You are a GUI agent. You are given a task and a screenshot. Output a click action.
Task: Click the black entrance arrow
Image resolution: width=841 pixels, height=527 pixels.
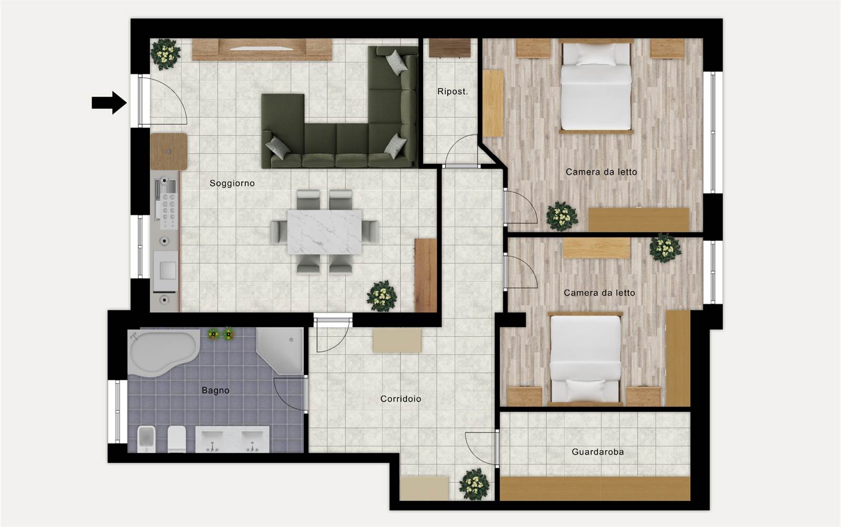tap(109, 103)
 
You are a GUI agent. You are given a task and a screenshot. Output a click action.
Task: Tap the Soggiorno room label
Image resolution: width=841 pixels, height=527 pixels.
tap(232, 184)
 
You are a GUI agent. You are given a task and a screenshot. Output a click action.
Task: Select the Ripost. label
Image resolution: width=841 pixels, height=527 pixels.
tap(453, 92)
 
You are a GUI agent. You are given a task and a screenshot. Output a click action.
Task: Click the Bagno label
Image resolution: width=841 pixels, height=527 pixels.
tap(216, 391)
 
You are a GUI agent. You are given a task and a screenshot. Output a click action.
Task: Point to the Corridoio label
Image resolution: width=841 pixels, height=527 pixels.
tap(401, 399)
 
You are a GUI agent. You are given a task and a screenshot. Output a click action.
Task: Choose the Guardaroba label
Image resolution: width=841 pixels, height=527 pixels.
tap(598, 452)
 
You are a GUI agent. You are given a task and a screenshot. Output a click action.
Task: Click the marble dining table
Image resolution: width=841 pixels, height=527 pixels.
tap(324, 232)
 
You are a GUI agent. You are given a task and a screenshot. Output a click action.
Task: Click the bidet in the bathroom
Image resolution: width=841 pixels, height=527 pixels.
tap(147, 439)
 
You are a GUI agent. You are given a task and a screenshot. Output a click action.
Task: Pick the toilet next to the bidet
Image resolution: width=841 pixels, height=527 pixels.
tap(177, 439)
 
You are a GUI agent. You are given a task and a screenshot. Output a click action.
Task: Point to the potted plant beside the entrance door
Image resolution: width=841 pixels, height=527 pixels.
tap(165, 54)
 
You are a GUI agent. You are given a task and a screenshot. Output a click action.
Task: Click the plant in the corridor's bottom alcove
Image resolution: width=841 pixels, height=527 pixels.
tap(474, 484)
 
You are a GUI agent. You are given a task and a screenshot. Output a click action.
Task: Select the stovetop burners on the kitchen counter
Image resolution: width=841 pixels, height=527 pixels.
tap(168, 211)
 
